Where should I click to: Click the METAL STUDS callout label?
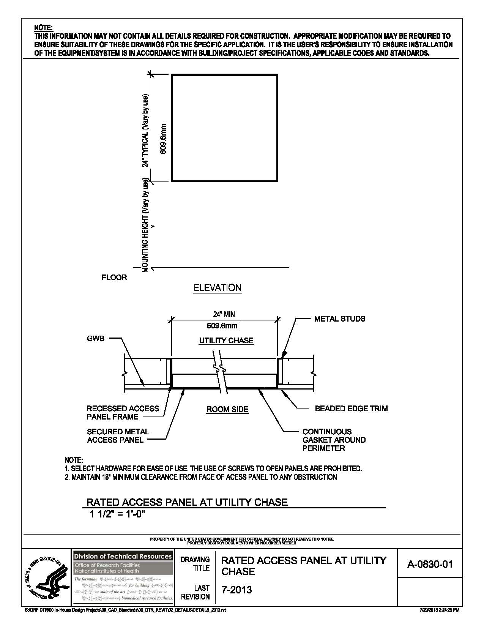339,319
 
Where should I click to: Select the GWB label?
95,339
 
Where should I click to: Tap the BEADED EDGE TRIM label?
351,409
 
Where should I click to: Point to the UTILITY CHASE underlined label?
226,341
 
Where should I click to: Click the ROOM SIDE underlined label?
227,409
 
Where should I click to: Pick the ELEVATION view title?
218,288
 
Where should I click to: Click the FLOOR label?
114,278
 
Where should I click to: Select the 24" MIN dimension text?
224,314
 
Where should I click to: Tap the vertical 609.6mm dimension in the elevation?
163,139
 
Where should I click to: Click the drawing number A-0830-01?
430,564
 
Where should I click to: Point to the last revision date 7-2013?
236,590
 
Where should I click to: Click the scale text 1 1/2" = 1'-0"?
118,514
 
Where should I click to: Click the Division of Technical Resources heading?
123,556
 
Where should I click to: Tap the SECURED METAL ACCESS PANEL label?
118,436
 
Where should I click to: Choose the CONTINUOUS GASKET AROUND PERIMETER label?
334,440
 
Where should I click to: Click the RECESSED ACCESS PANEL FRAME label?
123,413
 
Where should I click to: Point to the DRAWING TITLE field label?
195,564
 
